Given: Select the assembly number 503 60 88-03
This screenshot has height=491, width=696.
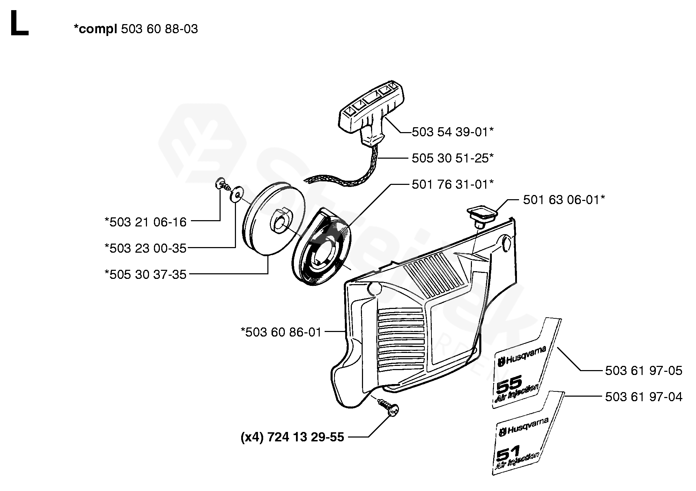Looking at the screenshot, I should [159, 29].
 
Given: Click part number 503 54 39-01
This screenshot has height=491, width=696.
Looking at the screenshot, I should [452, 132].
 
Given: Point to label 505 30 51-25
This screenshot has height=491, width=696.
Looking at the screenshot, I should [452, 158].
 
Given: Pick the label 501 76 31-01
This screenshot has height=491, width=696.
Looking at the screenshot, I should [452, 184].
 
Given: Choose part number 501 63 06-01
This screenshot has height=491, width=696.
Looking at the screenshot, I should [564, 200].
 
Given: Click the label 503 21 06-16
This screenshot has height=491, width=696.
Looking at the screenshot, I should [146, 222].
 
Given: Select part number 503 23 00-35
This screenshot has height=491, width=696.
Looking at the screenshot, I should [146, 248].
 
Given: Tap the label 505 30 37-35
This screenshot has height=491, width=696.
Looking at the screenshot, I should [146, 274].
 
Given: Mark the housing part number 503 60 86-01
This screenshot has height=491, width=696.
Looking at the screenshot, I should [281, 332].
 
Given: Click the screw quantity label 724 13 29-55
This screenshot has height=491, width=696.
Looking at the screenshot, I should [293, 437].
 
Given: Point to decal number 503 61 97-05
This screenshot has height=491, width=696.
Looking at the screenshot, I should [643, 370].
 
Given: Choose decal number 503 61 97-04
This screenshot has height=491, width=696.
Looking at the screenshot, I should [643, 397].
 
